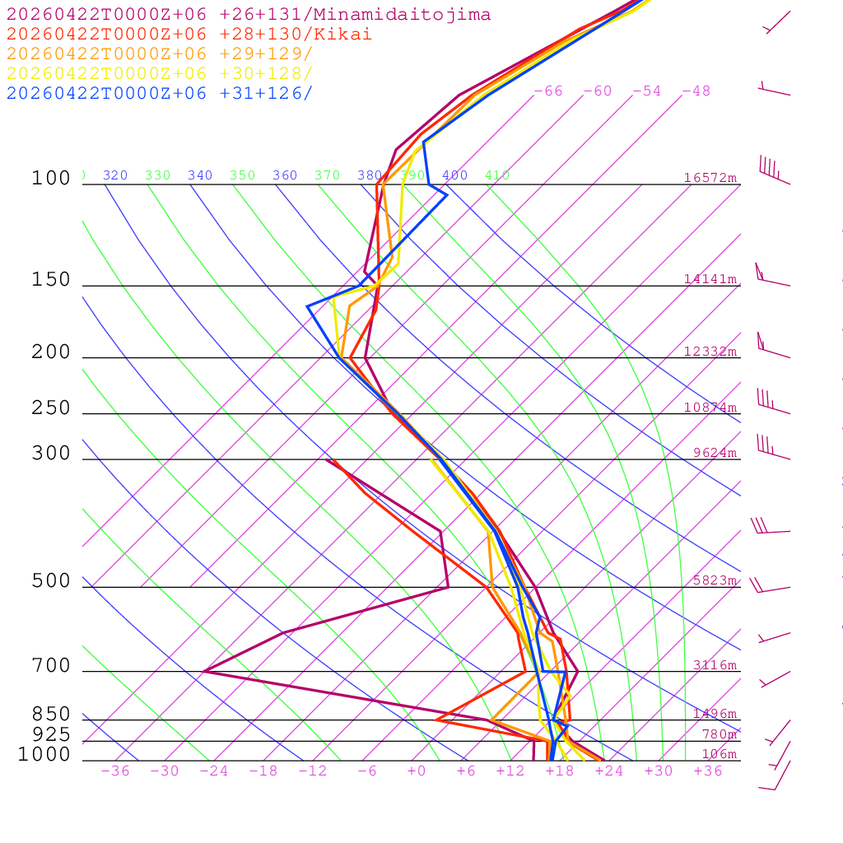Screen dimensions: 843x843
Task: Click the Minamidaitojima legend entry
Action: [x=249, y=15]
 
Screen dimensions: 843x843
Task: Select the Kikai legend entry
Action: [x=189, y=35]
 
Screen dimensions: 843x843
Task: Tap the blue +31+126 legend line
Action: [x=160, y=94]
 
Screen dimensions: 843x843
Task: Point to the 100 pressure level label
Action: [x=52, y=179]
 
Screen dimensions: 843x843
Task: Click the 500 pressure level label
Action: [x=52, y=581]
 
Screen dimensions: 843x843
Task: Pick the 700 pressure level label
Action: [x=52, y=666]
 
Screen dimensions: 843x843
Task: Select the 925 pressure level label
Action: [x=52, y=734]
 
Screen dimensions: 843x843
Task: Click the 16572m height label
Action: [x=710, y=178]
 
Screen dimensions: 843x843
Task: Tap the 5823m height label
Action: [x=714, y=580]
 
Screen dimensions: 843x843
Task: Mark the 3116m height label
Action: [x=714, y=665]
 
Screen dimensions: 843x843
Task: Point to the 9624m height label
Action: [x=714, y=453]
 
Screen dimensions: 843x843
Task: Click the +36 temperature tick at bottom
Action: [x=708, y=771]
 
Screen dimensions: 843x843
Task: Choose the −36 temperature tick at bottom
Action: [x=115, y=771]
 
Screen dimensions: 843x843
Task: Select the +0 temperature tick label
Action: [x=417, y=771]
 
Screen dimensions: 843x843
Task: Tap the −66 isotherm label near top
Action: [x=548, y=91]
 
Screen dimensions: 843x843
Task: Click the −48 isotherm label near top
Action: [x=696, y=91]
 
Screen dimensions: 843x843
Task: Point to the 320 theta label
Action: [x=115, y=175]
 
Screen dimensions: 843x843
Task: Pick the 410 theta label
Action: [x=497, y=175]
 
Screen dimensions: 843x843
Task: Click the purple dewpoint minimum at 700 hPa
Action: [x=204, y=671]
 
